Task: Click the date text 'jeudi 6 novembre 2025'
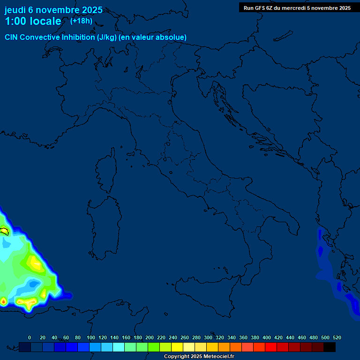coord(53,10)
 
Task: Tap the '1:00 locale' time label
coord(33,21)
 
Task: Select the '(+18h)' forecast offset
coord(81,21)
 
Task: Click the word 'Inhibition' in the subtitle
coord(78,37)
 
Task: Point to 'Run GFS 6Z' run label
coord(258,8)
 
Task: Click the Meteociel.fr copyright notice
coord(199,357)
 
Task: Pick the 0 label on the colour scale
coord(30,337)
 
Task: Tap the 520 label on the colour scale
coord(337,337)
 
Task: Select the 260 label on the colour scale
coord(184,337)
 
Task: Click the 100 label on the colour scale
coord(90,337)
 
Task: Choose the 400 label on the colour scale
coord(266,337)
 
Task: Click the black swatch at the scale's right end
coord(330,347)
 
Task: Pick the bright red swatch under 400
coord(271,347)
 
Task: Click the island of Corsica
coord(107,171)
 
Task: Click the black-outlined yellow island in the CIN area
coord(5,231)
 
